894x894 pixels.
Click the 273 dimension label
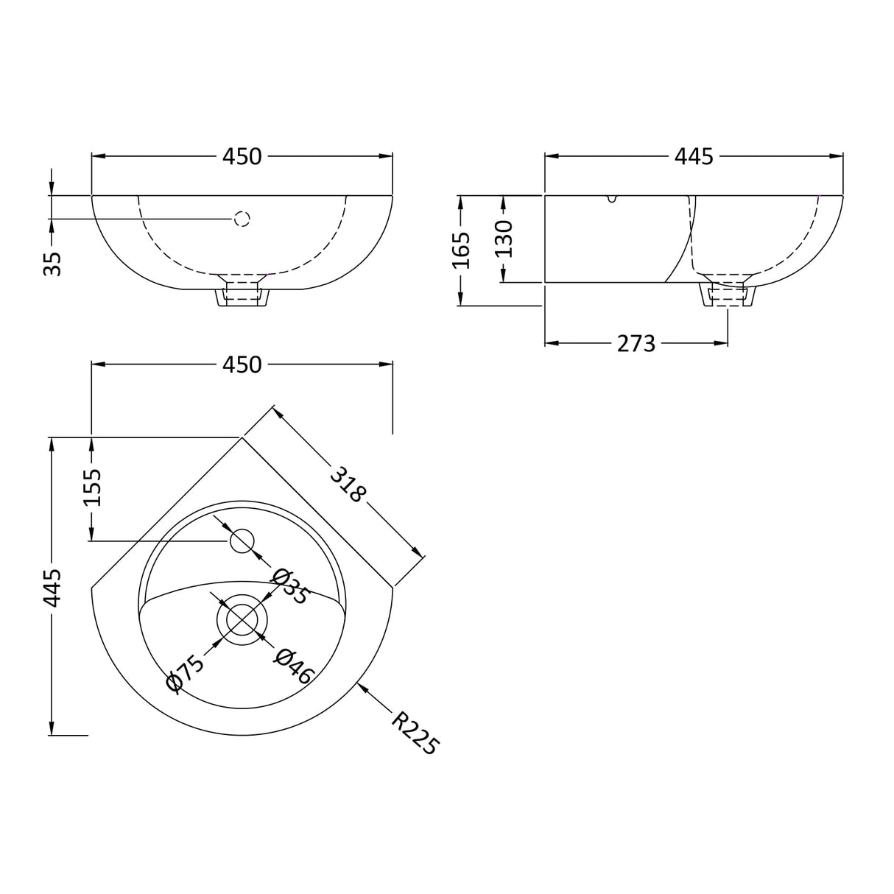pyautogui.click(x=636, y=343)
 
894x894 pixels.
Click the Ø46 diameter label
pyautogui.click(x=295, y=666)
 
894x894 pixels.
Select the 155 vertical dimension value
pyautogui.click(x=92, y=488)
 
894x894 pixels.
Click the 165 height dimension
pyautogui.click(x=461, y=250)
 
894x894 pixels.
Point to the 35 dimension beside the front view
pyautogui.click(x=52, y=264)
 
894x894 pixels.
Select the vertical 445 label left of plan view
pyautogui.click(x=52, y=587)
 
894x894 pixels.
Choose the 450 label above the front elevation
pyautogui.click(x=242, y=156)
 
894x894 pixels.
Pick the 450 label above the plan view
pyautogui.click(x=242, y=365)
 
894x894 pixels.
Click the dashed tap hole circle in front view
pyautogui.click(x=242, y=219)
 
